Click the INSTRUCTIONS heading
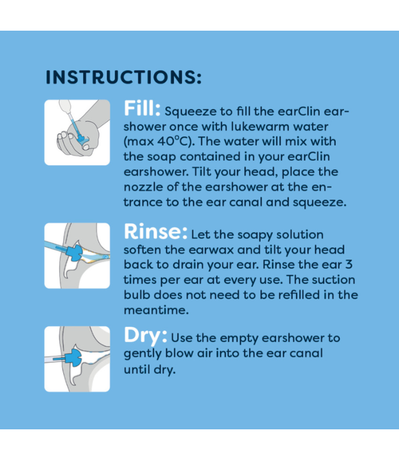point(123,78)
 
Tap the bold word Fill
point(142,110)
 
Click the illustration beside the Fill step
point(77,132)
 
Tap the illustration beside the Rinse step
point(77,255)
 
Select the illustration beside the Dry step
point(77,359)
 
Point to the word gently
point(142,354)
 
